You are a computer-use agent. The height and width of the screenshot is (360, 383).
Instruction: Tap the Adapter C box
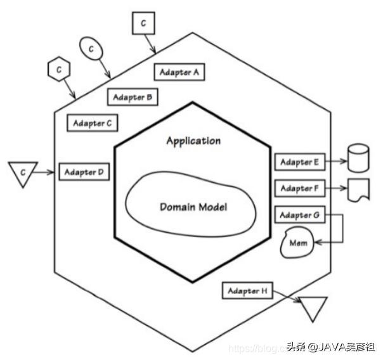[x=93, y=123]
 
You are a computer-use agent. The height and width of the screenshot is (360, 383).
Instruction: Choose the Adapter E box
[x=299, y=162]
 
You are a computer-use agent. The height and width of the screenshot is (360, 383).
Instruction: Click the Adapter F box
[x=299, y=188]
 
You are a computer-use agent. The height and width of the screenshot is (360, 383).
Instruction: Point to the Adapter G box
[x=299, y=215]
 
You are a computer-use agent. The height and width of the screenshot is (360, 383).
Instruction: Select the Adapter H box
[x=247, y=291]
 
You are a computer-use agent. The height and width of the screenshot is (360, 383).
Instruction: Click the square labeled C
[x=143, y=24]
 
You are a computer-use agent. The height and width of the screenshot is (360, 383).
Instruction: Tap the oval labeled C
[x=91, y=48]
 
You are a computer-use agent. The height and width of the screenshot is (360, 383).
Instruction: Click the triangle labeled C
[x=22, y=172]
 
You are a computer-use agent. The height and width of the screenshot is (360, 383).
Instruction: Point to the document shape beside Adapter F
[x=358, y=190]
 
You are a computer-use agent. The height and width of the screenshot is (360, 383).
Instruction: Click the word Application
[x=193, y=141]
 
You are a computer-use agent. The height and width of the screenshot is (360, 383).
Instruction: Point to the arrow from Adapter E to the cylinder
[x=336, y=162]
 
